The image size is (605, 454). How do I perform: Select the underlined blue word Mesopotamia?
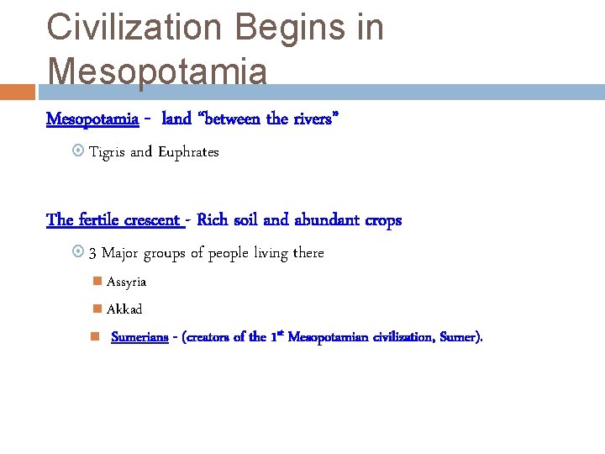(92, 119)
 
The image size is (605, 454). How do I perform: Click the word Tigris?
(108, 152)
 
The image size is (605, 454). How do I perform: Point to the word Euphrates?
(188, 152)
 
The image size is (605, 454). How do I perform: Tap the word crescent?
(152, 220)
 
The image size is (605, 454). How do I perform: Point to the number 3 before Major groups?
(93, 253)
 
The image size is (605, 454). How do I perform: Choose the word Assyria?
(126, 282)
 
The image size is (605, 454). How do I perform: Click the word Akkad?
(124, 309)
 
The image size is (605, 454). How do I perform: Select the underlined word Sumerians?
(139, 337)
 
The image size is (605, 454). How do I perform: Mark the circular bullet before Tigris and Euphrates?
(77, 152)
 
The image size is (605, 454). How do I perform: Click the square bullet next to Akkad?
(97, 309)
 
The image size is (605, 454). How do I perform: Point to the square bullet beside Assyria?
(97, 282)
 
